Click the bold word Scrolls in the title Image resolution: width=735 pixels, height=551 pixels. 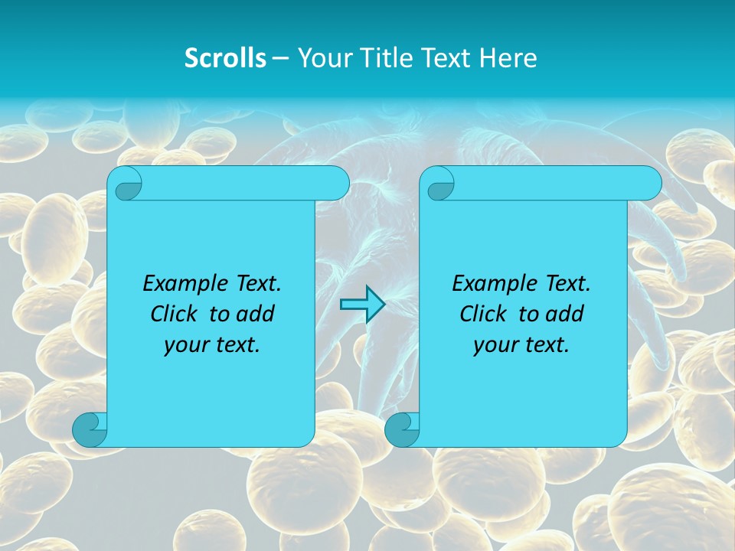pos(225,58)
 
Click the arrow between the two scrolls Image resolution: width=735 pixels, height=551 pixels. pos(362,305)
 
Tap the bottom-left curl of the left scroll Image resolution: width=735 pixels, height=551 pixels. pos(89,429)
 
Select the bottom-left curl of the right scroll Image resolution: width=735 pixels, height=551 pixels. pos(401,429)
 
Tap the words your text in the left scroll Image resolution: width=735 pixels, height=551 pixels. pos(212,344)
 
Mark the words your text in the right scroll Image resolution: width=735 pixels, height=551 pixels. pos(521,344)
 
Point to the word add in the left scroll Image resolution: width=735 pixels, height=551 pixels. pos(256,314)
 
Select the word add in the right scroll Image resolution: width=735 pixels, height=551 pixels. pos(565,314)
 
